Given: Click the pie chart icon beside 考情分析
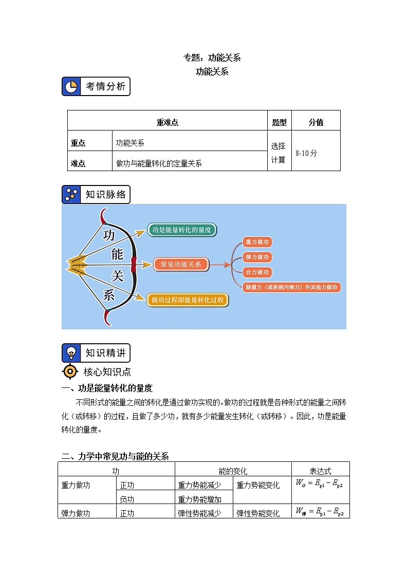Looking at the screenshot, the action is (71, 86).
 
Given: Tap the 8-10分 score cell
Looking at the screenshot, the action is (306, 153).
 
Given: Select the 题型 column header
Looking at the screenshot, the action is (279, 122).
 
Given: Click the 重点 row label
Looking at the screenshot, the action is (78, 143).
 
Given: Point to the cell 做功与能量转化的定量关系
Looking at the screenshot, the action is (159, 163).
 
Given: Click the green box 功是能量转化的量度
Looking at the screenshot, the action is (182, 230).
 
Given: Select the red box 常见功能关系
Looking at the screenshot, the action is (181, 265).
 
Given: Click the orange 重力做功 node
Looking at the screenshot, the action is (257, 242).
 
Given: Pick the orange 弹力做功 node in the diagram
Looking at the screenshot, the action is (257, 257).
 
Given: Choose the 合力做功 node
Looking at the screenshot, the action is (257, 272).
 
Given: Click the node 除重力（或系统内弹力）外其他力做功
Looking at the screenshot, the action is (291, 287).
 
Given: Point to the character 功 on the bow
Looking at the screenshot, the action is (109, 235).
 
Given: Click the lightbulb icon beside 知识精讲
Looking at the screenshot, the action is (71, 353).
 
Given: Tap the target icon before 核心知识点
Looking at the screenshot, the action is (70, 371).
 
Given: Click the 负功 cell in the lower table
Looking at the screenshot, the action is (127, 499).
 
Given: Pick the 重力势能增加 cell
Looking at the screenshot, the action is (199, 499).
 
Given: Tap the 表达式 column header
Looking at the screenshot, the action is (320, 471).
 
